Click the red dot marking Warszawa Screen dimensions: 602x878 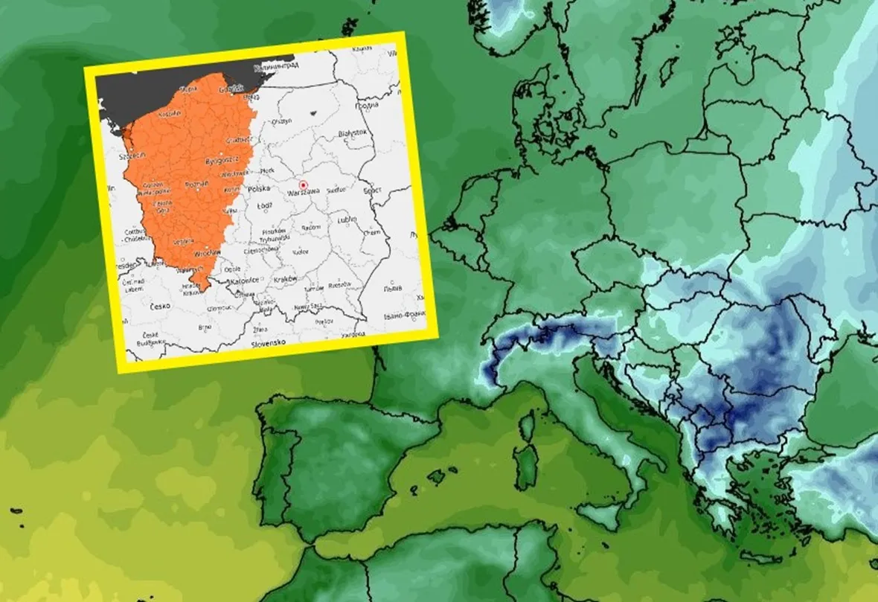tap(303, 184)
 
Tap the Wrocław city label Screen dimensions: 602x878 tap(204, 253)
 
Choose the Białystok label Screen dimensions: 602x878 tap(352, 132)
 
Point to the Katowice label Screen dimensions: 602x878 tap(245, 280)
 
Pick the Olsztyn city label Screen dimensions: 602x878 tap(281, 121)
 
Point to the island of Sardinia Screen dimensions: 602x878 tap(527, 466)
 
